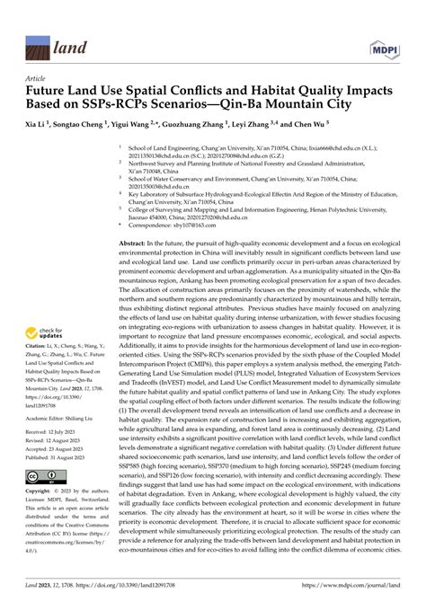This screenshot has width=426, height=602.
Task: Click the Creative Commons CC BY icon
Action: (46, 500)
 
